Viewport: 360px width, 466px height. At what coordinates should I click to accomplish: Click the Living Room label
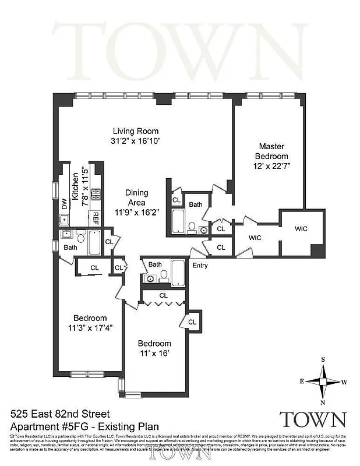click(135, 131)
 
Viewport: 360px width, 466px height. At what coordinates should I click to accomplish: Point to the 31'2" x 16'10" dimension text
click(135, 141)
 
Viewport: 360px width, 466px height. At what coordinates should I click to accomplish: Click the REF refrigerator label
click(96, 218)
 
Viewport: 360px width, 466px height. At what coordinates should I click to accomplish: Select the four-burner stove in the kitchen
click(96, 196)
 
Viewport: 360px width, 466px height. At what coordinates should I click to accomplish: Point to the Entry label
click(200, 266)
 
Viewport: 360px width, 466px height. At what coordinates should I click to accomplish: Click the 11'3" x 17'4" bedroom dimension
click(90, 327)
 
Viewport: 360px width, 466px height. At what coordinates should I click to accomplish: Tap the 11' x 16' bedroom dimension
click(154, 353)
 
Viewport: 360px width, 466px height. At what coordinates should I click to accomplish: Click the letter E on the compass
click(302, 381)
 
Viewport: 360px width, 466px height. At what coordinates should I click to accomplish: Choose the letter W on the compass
click(345, 382)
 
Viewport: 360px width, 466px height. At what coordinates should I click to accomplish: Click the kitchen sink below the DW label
click(64, 220)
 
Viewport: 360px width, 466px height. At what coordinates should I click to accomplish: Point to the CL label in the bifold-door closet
click(163, 295)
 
